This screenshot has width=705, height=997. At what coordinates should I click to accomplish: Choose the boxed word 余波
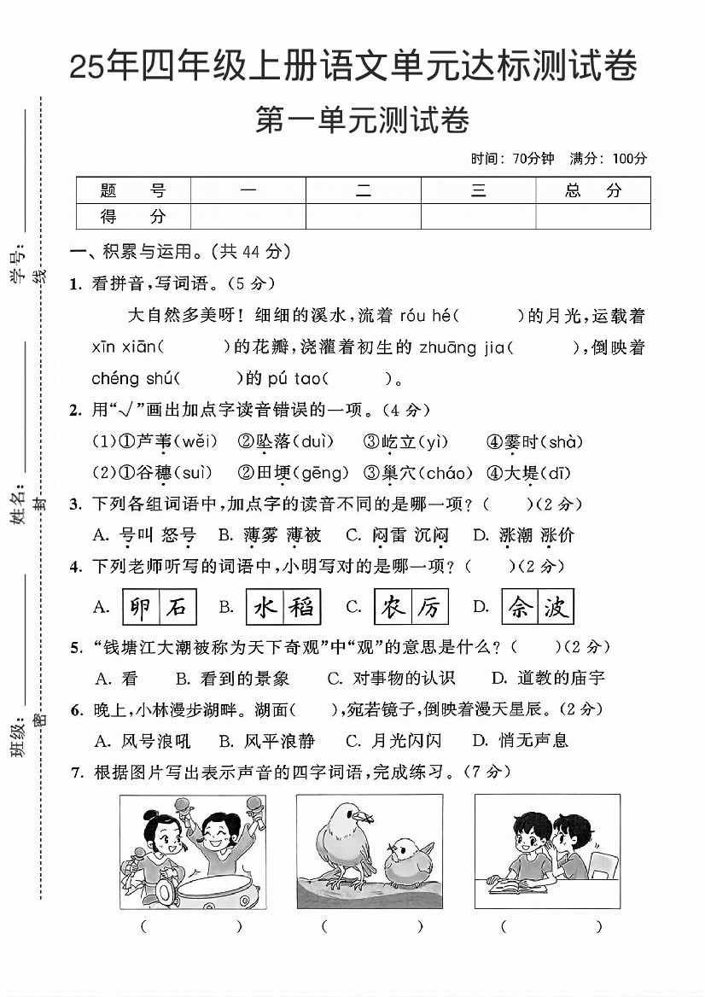(538, 607)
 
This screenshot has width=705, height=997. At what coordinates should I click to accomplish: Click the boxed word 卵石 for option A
(160, 607)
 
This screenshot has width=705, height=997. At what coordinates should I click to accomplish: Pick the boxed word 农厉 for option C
(411, 607)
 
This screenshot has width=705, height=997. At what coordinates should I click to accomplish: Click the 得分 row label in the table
(133, 217)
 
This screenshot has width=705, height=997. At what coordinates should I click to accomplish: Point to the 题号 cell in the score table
(133, 191)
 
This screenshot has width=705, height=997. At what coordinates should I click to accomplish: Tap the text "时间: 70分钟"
(512, 158)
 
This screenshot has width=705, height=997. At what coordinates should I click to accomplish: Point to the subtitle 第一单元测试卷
(363, 120)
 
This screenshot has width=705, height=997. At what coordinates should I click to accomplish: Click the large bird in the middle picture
(341, 841)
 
